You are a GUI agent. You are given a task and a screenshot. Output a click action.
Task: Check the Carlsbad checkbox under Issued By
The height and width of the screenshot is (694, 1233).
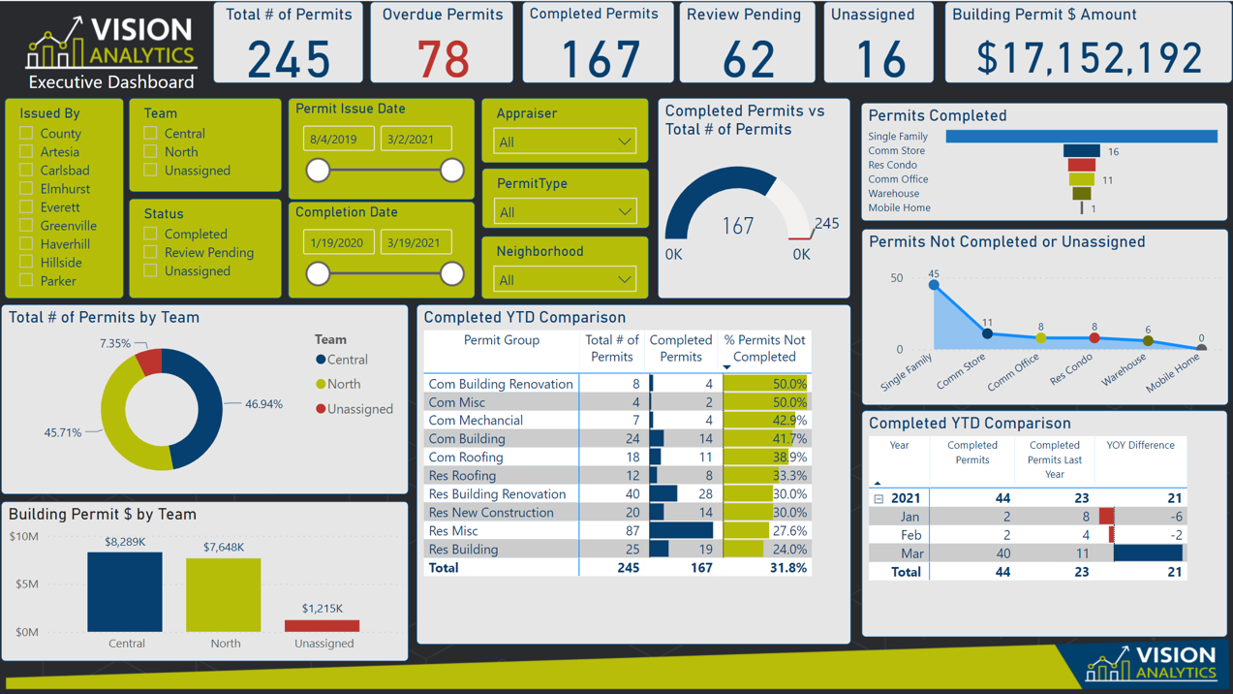(x=27, y=170)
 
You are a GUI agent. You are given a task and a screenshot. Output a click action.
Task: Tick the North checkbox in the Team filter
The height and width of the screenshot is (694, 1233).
(x=150, y=151)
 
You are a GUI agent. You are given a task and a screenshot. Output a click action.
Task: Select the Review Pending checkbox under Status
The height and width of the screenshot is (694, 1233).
(x=150, y=252)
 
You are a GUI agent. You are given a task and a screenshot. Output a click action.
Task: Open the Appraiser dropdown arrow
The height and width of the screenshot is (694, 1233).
(x=624, y=142)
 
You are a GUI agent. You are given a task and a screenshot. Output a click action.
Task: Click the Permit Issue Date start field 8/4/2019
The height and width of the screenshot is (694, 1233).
(x=338, y=140)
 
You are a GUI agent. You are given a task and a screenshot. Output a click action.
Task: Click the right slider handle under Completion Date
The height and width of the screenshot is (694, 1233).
(x=451, y=273)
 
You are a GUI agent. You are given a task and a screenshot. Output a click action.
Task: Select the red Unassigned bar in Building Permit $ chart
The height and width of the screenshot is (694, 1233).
(x=323, y=625)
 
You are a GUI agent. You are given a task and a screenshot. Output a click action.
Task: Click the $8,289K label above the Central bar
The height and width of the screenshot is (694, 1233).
(x=125, y=542)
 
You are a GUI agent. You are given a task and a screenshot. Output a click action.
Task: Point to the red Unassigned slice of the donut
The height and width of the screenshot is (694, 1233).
(x=150, y=363)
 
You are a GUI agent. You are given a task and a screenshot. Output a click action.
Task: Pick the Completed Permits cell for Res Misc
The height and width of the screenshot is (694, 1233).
(x=682, y=531)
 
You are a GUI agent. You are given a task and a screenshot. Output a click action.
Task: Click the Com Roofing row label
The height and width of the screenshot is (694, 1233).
(x=466, y=457)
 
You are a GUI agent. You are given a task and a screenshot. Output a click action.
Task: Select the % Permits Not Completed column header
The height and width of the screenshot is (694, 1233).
(x=764, y=348)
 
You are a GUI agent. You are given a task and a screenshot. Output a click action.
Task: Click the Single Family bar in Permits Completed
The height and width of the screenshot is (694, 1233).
(x=1081, y=137)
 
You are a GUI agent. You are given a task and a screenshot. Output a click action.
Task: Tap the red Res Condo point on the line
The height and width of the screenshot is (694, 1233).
(x=1094, y=338)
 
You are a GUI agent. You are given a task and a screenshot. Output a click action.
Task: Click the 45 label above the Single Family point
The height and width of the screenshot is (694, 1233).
(x=934, y=274)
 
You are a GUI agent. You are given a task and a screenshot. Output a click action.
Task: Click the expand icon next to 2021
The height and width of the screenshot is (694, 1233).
(x=879, y=498)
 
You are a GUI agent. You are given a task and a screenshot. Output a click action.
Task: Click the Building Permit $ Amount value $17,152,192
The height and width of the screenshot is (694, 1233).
(x=1089, y=58)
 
